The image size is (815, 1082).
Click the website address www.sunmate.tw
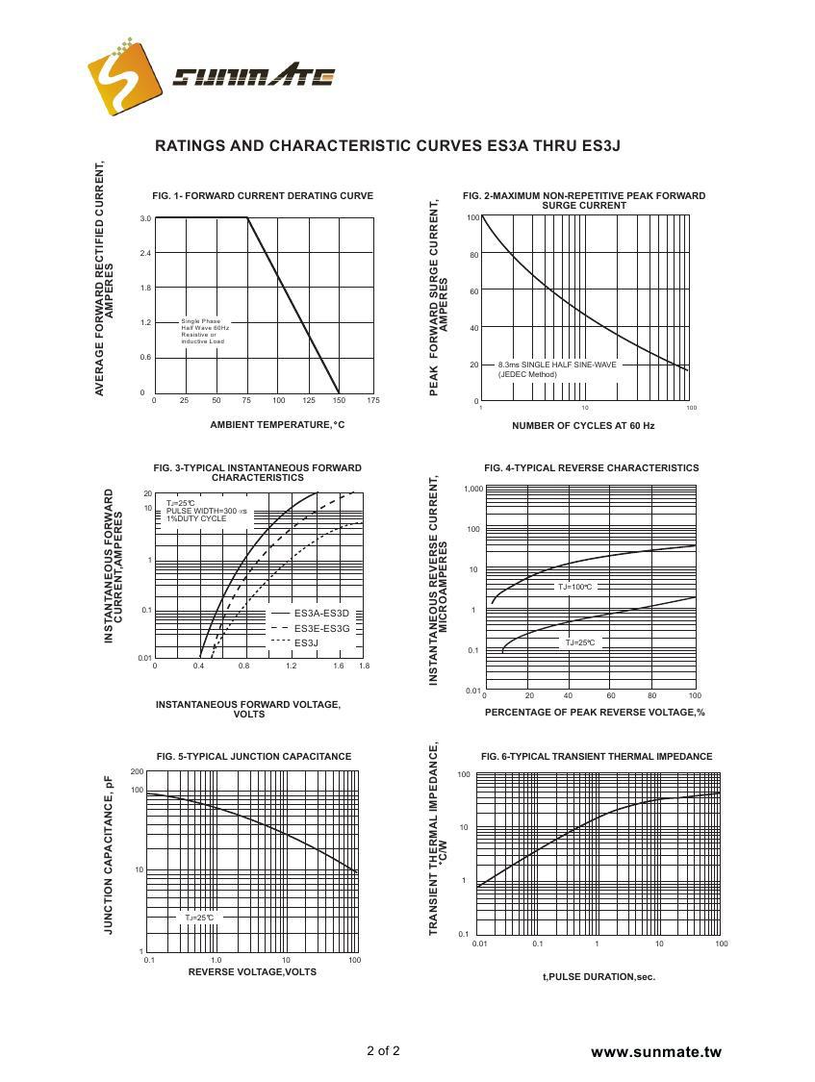point(655,1052)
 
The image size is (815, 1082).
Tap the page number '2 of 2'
point(383,1050)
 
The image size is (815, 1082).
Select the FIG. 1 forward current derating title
point(263,195)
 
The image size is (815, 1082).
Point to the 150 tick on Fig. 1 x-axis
point(339,400)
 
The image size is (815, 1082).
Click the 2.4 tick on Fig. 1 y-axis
point(145,253)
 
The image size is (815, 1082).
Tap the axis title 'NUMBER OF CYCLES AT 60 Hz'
point(583,425)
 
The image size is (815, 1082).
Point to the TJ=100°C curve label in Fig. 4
point(575,586)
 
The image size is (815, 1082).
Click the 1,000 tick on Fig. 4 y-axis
point(472,489)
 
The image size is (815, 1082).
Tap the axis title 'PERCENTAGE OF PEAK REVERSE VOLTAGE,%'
point(595,712)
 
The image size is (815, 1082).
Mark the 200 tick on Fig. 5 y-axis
point(137,771)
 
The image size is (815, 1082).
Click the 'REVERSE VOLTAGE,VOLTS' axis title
point(252,971)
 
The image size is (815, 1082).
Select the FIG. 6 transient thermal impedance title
point(597,756)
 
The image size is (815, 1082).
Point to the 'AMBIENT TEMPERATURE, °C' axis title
point(277,424)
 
